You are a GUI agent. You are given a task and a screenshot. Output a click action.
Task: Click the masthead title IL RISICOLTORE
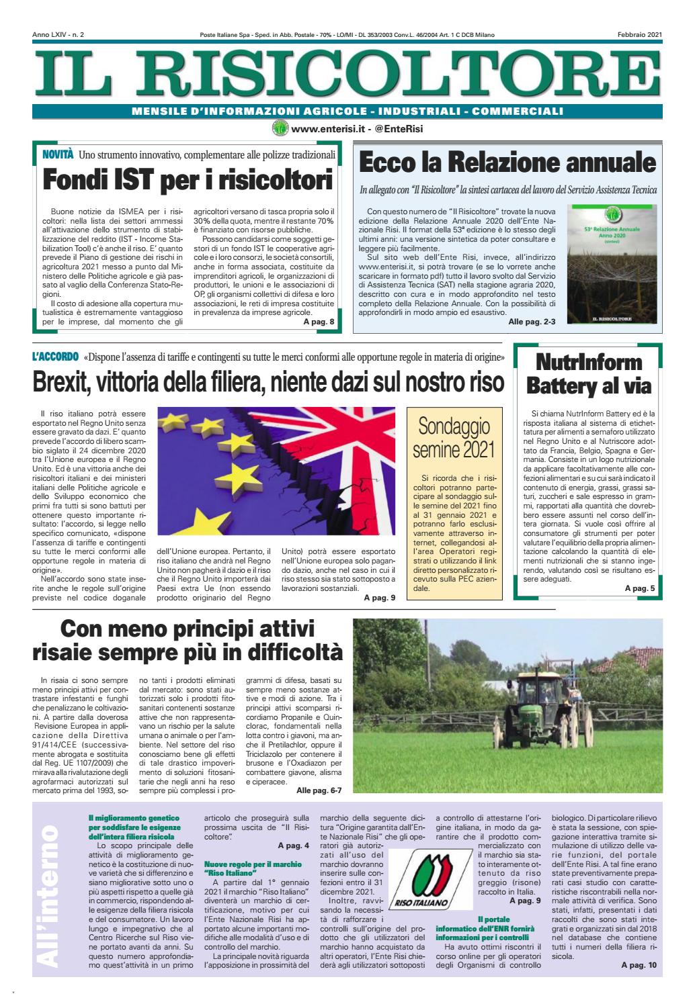pos(347,75)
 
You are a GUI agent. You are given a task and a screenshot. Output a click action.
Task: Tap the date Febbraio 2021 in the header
pos(641,34)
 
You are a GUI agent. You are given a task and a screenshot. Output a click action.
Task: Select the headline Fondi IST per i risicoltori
pos(188,181)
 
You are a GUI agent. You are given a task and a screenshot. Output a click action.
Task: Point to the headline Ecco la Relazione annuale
pos(507,163)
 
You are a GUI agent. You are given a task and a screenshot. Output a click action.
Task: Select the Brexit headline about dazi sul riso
pos(268,383)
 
